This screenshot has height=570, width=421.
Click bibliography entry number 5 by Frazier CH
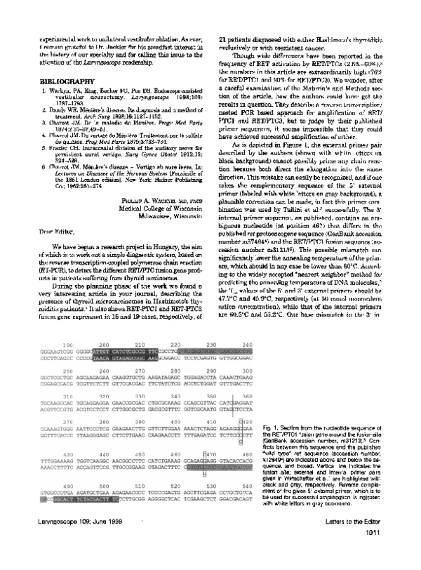91,150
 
